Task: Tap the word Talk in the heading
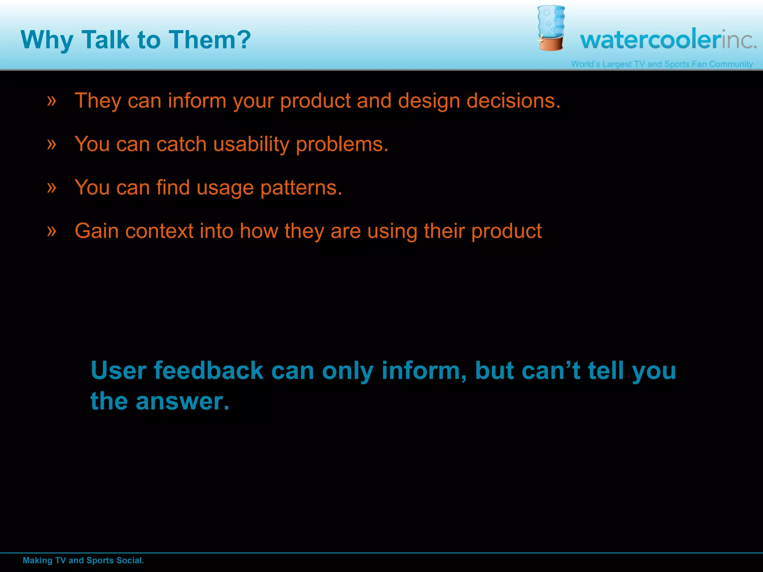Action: pyautogui.click(x=105, y=39)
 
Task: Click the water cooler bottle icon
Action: pyautogui.click(x=551, y=28)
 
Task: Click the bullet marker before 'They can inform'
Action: pyautogui.click(x=52, y=101)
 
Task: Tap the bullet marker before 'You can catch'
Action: pyautogui.click(x=52, y=144)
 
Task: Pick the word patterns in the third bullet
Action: pyautogui.click(x=301, y=188)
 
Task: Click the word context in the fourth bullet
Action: pyautogui.click(x=159, y=231)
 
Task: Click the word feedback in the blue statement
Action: pyautogui.click(x=209, y=371)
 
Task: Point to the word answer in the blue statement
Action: pyautogui.click(x=182, y=401)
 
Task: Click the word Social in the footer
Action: pyautogui.click(x=130, y=560)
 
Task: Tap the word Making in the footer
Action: pyautogui.click(x=37, y=560)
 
